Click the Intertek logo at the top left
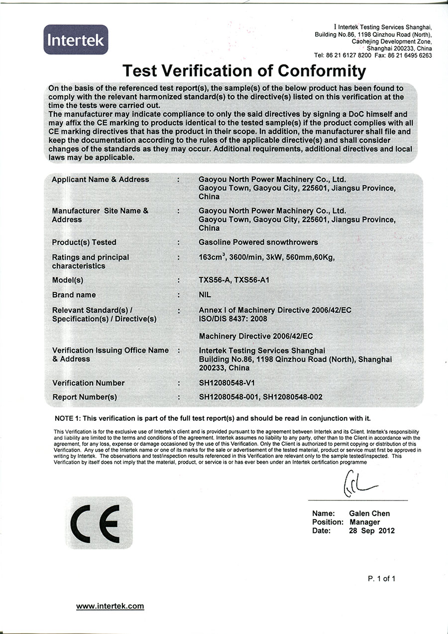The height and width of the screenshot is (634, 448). (x=76, y=40)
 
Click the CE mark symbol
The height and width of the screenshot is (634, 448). (x=98, y=522)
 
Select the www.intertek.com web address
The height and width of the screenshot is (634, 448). (x=110, y=606)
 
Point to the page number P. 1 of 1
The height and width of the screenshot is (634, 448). (x=382, y=578)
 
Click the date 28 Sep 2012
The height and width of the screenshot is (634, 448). (x=372, y=531)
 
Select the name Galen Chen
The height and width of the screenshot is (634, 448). (x=369, y=513)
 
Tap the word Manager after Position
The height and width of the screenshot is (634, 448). (x=365, y=522)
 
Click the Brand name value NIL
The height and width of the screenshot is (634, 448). (x=205, y=295)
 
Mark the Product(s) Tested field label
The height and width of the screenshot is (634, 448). (x=84, y=243)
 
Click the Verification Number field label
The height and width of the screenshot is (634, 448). (x=89, y=383)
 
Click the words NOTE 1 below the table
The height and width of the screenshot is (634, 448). (x=68, y=418)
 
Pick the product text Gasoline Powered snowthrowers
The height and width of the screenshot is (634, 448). (x=258, y=243)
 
